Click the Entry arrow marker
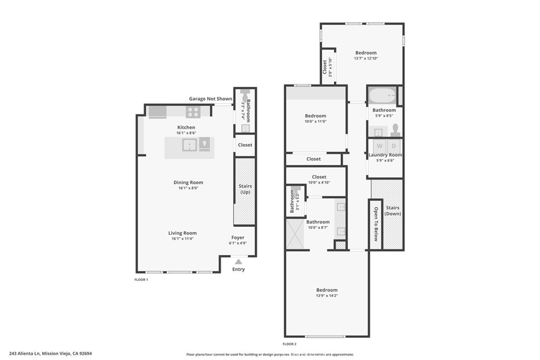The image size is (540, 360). [x=238, y=261]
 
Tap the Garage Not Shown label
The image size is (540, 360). [x=210, y=99]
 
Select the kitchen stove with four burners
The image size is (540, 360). [x=193, y=112]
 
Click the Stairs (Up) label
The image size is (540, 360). [x=245, y=189]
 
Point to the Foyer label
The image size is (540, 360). [x=238, y=238]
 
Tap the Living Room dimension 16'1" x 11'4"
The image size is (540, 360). [x=182, y=239]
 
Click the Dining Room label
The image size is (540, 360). [x=188, y=182]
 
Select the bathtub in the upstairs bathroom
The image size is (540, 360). [x=381, y=96]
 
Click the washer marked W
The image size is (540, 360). [x=378, y=146]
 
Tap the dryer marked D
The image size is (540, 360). [x=393, y=146]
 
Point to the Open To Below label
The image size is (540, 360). [x=375, y=223]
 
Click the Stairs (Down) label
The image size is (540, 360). [x=392, y=211]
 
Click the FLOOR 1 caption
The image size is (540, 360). [x=141, y=279]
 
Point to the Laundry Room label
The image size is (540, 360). [x=385, y=155]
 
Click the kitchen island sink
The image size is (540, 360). [x=189, y=144]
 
